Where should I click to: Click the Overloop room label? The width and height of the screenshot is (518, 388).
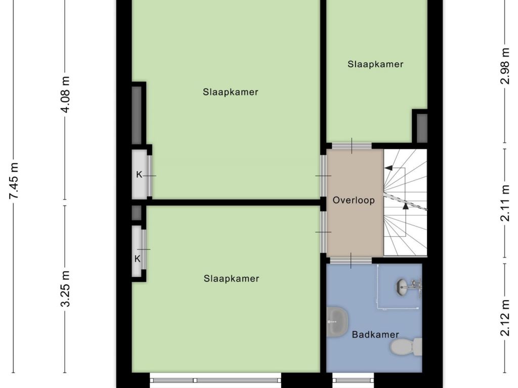[354, 200]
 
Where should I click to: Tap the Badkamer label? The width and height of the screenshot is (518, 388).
[375, 334]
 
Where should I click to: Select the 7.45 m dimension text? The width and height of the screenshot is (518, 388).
[14, 181]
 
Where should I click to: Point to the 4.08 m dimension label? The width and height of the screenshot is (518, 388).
[65, 94]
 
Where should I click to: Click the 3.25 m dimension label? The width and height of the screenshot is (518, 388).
[65, 288]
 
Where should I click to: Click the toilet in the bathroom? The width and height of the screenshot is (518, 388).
[406, 347]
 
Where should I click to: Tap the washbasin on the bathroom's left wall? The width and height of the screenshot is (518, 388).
[337, 322]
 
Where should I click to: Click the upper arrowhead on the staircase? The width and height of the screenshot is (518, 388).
[389, 168]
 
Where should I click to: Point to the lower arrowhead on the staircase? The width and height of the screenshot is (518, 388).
[406, 207]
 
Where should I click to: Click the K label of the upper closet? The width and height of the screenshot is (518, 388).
[139, 174]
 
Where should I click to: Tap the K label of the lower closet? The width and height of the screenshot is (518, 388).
[138, 259]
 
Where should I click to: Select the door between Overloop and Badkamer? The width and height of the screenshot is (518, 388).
[351, 261]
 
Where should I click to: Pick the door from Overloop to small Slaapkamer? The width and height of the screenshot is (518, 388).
[352, 146]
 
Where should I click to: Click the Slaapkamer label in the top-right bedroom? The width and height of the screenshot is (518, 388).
[375, 64]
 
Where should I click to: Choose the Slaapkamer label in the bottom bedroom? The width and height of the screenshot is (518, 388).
[231, 279]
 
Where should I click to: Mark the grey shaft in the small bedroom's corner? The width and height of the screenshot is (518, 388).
[422, 128]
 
